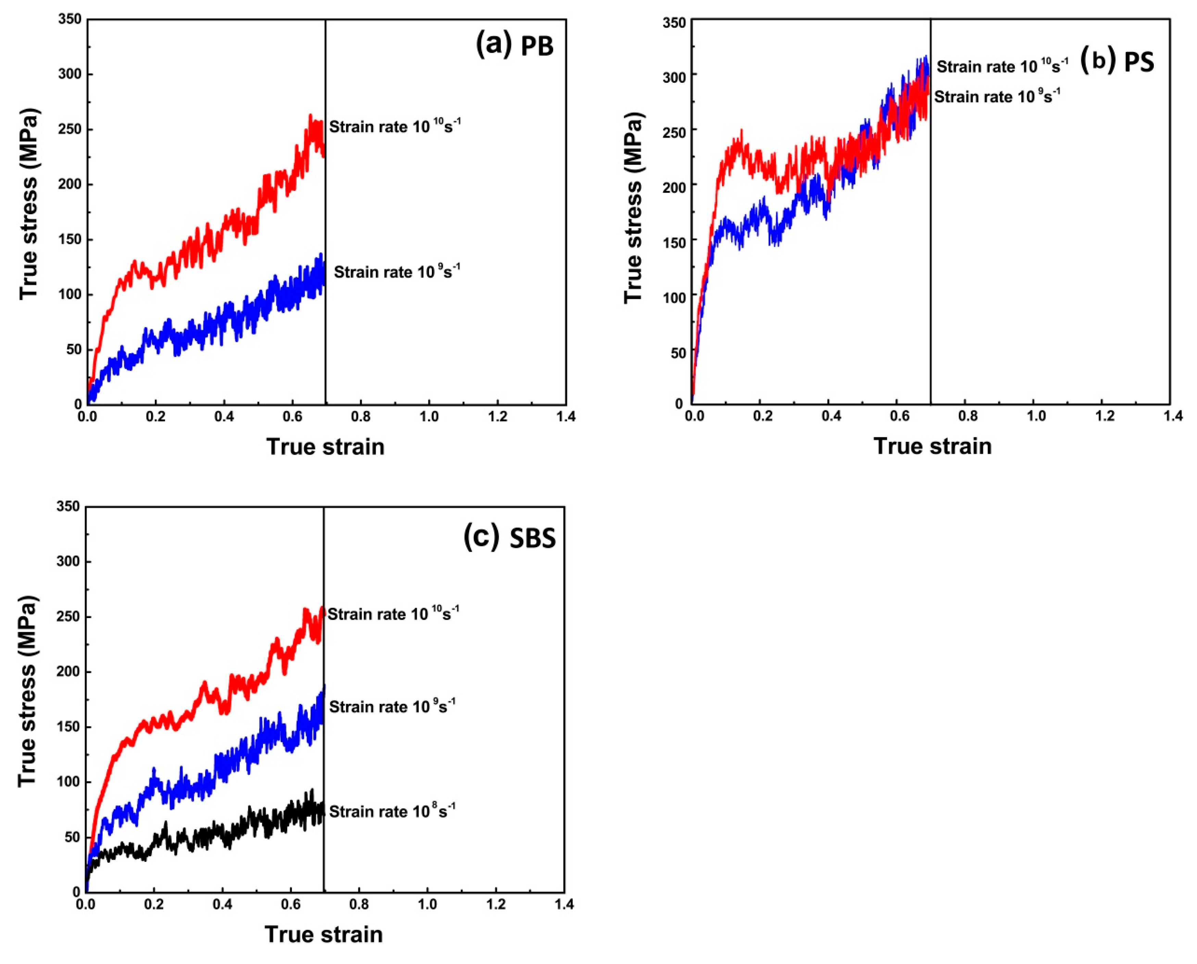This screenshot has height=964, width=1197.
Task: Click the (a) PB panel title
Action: pyautogui.click(x=514, y=45)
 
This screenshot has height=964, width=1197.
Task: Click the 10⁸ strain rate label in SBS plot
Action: pyautogui.click(x=392, y=811)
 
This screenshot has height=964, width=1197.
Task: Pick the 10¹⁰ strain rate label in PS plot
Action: pyautogui.click(x=1002, y=66)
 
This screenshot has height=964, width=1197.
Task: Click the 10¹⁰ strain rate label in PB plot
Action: pyautogui.click(x=395, y=127)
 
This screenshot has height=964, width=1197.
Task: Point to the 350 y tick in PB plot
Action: pyautogui.click(x=70, y=20)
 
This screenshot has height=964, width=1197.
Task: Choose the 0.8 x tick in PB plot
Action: pyautogui.click(x=361, y=416)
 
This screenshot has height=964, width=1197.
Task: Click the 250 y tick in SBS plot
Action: pyautogui.click(x=68, y=617)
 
